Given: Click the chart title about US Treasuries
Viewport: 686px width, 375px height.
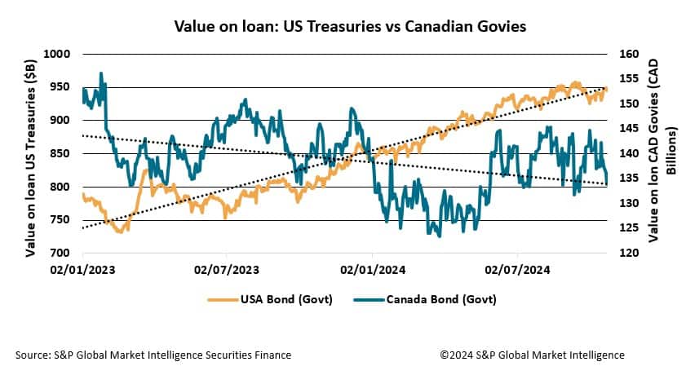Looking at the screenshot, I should point(350,26).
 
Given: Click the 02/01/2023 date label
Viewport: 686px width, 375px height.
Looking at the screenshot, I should point(83,268).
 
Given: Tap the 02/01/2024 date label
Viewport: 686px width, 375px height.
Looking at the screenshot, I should point(373,268).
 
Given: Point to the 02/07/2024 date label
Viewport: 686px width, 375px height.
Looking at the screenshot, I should point(518,268).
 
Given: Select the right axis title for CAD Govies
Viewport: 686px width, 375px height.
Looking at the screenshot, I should point(661,153).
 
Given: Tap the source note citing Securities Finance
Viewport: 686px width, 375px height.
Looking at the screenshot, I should point(153,355).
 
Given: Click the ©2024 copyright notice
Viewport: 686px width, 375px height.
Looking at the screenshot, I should point(532,355).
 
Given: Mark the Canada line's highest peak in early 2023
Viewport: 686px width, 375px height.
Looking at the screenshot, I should point(100,73).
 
